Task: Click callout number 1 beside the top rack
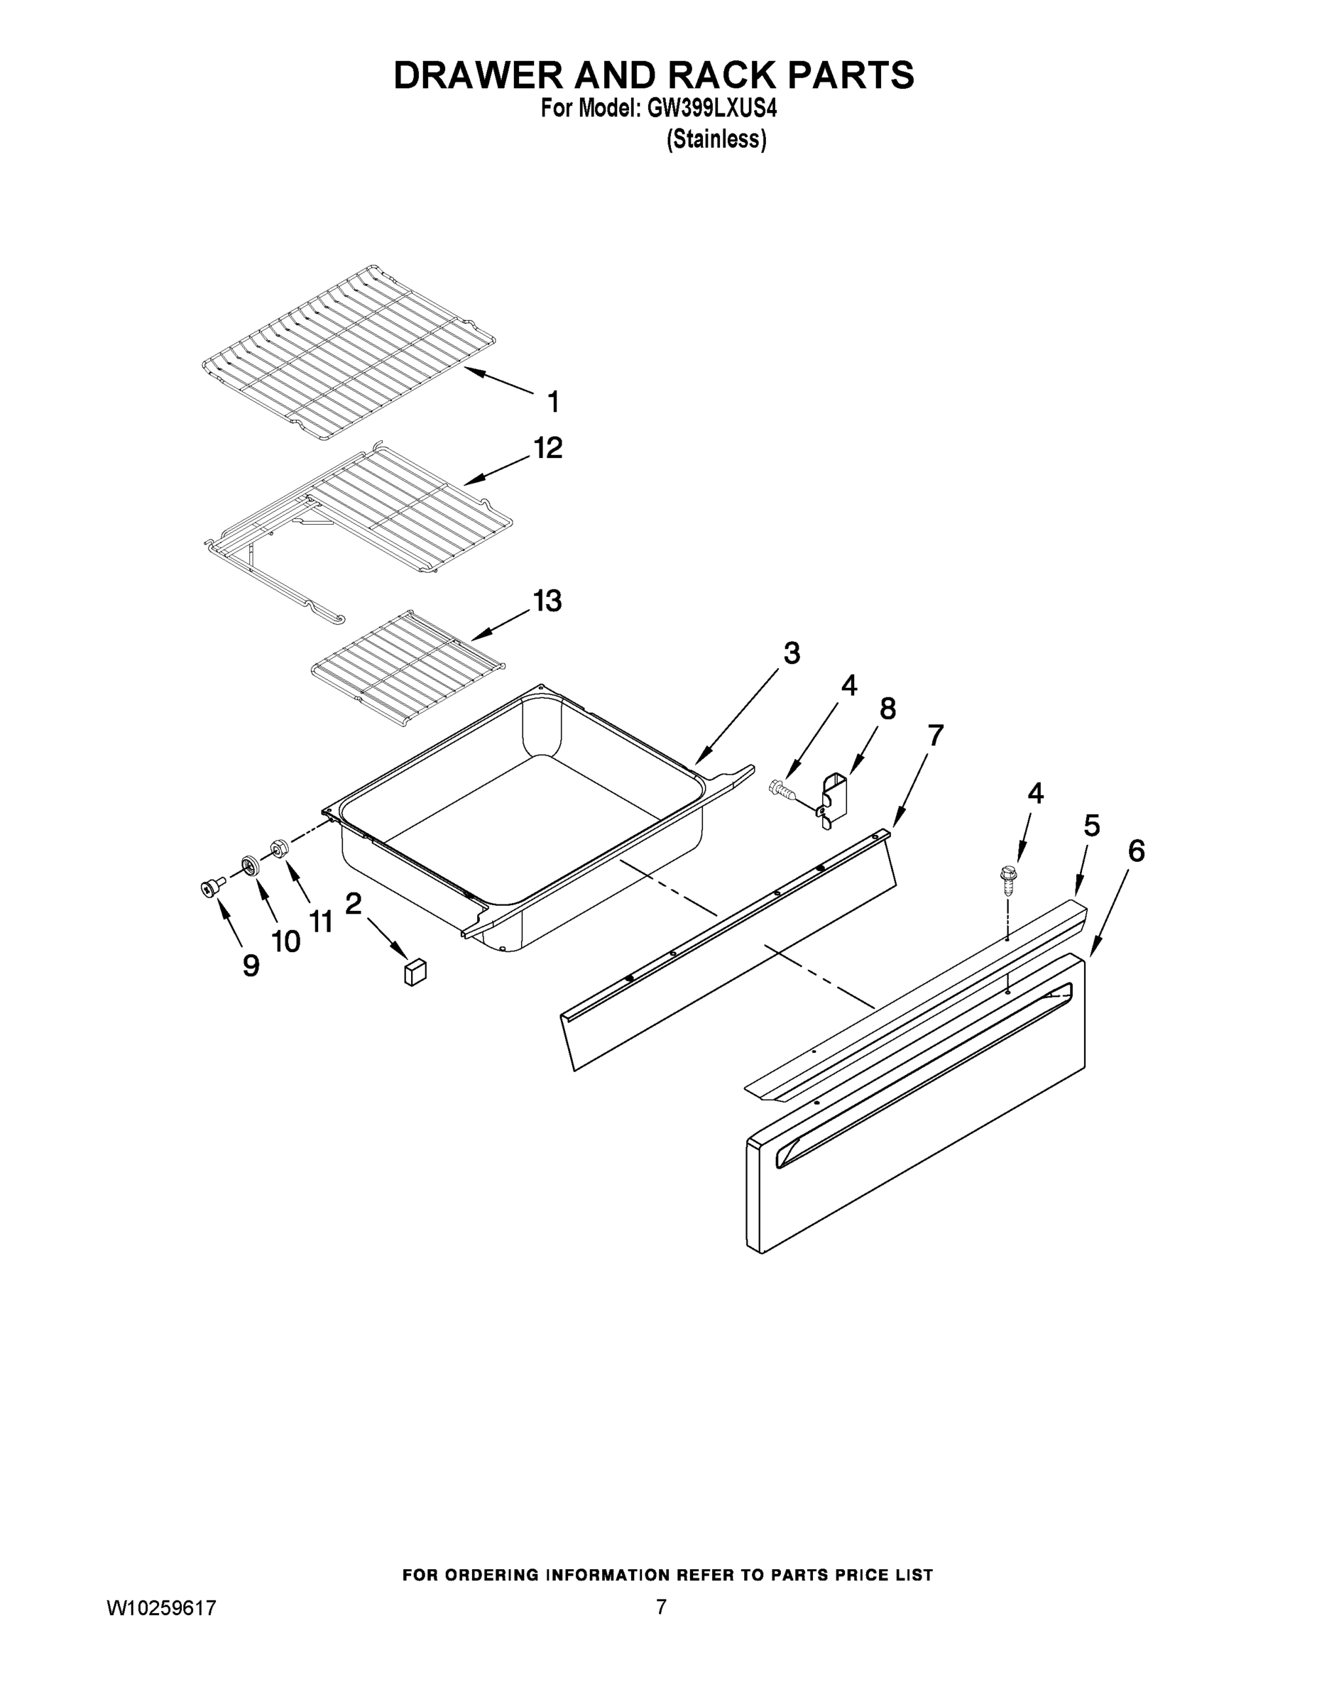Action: pyautogui.click(x=553, y=403)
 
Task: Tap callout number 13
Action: pyautogui.click(x=547, y=601)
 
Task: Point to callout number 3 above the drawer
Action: pyautogui.click(x=791, y=653)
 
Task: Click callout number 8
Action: pyautogui.click(x=887, y=709)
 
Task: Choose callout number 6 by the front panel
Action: pyautogui.click(x=1136, y=851)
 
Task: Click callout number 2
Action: pyautogui.click(x=354, y=905)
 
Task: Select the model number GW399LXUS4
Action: pyautogui.click(x=711, y=110)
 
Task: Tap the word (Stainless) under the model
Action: pyautogui.click(x=716, y=140)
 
